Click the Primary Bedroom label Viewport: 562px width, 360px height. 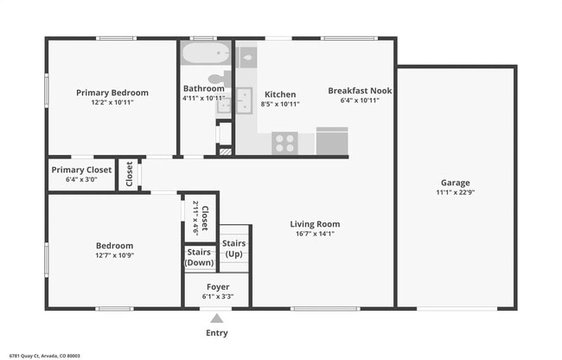pos(112,93)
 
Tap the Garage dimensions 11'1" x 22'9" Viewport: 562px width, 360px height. pos(455,192)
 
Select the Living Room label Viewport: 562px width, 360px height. pos(314,223)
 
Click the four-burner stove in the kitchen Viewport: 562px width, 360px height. pos(284,143)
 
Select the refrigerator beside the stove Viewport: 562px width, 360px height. pos(332,141)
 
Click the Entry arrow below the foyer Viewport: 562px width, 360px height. pos(217,318)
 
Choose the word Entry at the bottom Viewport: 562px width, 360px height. pos(217,333)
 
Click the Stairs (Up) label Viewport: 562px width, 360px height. pos(234,248)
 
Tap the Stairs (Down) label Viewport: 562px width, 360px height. pos(199,258)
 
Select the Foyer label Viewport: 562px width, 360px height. pos(217,286)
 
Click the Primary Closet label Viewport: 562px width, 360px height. pos(81,170)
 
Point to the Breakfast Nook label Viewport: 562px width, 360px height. pos(360,91)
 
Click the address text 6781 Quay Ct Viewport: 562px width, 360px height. pos(43,355)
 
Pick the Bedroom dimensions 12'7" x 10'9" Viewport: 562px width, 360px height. pos(114,255)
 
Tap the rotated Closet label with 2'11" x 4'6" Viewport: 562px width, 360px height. pos(201,217)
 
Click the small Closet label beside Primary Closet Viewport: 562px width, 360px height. pos(129,174)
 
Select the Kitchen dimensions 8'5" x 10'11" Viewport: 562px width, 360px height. pos(280,104)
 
